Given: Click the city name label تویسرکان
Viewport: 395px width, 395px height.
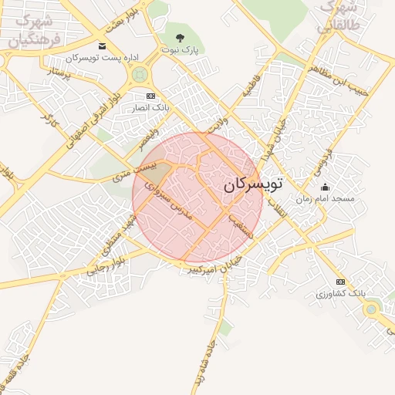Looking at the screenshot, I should pos(253,184).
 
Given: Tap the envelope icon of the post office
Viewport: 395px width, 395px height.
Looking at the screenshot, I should pos(103,46).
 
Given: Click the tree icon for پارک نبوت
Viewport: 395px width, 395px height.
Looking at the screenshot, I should pos(180,37).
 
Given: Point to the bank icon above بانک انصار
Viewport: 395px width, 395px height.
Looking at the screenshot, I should pos(150,96).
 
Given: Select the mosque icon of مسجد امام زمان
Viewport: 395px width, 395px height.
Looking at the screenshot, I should pos(325,187).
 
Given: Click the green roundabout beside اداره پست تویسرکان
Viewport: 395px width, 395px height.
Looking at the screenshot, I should pos(140,75).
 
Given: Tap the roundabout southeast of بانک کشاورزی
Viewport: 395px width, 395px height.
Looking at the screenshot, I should pos(372,309).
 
